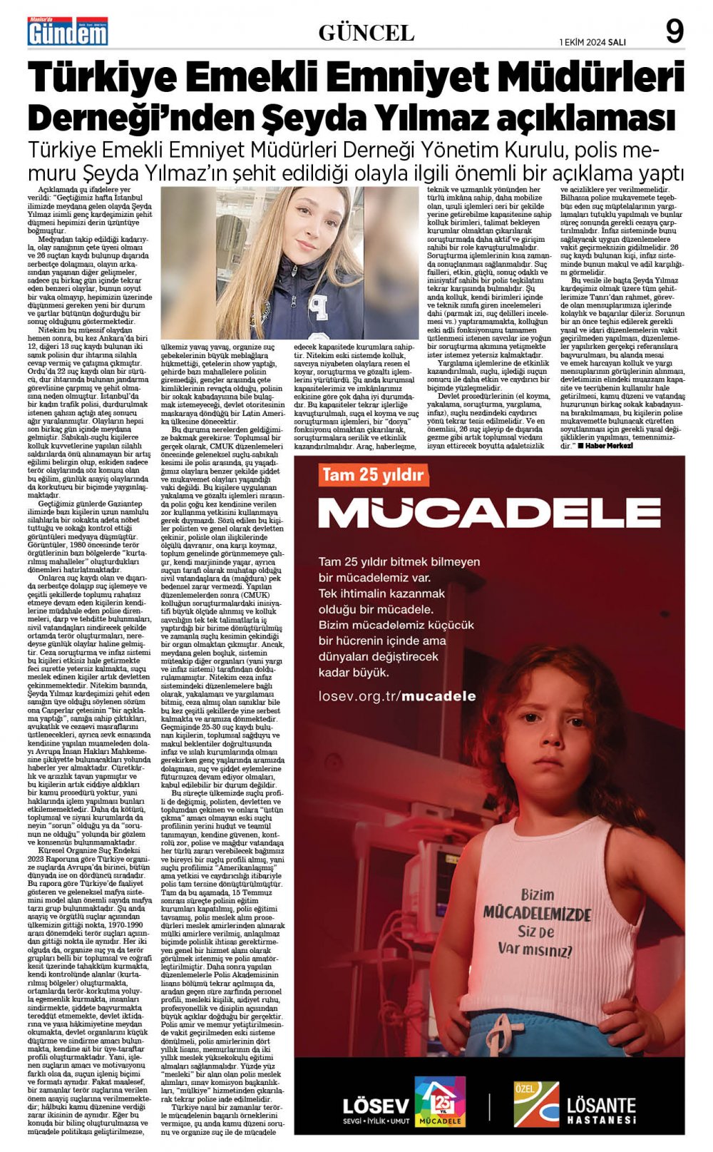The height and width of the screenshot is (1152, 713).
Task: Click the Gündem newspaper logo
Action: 68,32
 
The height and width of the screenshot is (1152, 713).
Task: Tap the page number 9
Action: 674,32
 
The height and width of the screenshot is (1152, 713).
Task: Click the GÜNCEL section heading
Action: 366,32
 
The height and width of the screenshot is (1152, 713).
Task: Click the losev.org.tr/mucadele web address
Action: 397,695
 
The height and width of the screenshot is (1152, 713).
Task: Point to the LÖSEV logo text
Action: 375,1105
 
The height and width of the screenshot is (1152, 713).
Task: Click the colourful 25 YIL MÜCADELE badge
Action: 440,1102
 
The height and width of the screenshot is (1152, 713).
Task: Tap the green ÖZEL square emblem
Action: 536,1103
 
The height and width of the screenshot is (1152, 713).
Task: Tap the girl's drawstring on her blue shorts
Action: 501,1034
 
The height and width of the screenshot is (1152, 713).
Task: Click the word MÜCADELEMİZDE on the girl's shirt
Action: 537,914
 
